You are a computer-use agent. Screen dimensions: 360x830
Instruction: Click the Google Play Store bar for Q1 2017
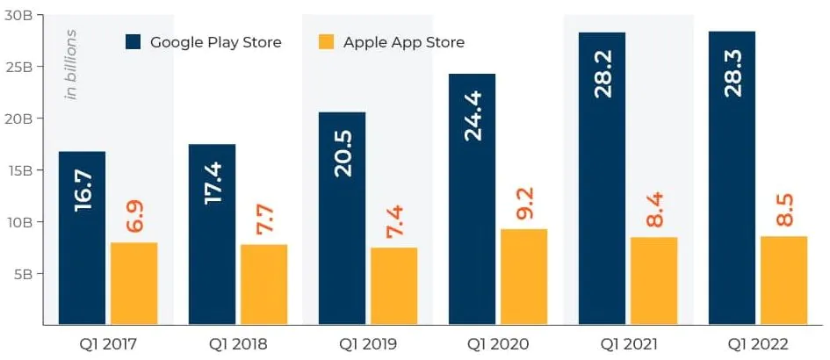[x=82, y=237]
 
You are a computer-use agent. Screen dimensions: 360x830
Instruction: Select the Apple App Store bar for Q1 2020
[x=523, y=277]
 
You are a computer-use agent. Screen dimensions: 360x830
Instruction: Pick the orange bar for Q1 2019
[x=393, y=285]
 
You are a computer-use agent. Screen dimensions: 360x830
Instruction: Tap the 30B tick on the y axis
[x=19, y=15]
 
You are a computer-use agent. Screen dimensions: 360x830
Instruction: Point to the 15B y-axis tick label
[x=19, y=170]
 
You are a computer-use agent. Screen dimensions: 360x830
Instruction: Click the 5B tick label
[x=23, y=274]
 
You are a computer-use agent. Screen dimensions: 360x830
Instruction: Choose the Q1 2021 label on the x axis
[x=628, y=343]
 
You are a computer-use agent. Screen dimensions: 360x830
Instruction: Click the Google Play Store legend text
[x=215, y=42]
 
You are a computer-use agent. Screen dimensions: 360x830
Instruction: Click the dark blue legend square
[x=134, y=42]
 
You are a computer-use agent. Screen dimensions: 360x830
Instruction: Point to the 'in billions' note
[x=72, y=64]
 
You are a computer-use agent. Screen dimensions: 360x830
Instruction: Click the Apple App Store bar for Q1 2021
[x=653, y=280]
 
